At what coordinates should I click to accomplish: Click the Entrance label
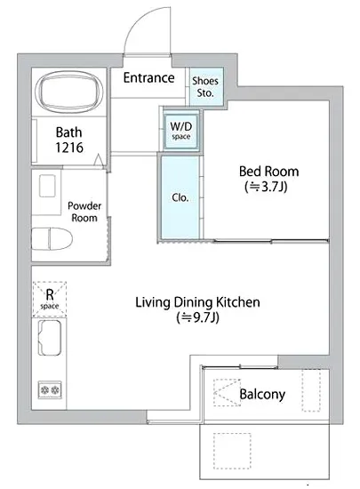[x=148, y=77]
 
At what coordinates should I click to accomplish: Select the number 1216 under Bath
[x=69, y=148]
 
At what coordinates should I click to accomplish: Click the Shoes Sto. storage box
[x=204, y=86]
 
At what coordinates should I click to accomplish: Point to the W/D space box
[x=180, y=132]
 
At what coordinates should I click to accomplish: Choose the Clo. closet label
[x=180, y=197]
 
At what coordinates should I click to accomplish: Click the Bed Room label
[x=269, y=172]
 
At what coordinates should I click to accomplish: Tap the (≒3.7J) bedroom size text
[x=266, y=187]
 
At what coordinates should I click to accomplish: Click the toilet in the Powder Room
[x=52, y=238]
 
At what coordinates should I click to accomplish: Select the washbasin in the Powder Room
[x=47, y=186]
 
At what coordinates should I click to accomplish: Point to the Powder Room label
[x=84, y=212]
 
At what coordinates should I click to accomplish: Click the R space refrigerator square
[x=50, y=299]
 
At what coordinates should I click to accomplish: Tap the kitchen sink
[x=49, y=338]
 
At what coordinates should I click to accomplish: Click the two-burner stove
[x=50, y=389]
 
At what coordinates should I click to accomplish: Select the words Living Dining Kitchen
[x=197, y=302]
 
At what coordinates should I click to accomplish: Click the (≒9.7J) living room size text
[x=197, y=317]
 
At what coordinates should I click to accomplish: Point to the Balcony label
[x=262, y=394]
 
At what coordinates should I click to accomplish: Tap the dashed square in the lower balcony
[x=232, y=451]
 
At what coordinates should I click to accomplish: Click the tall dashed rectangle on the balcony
[x=311, y=390]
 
